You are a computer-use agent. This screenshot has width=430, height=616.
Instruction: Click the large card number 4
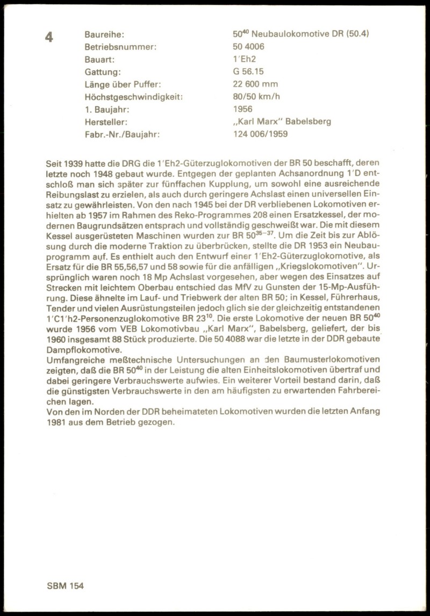49,37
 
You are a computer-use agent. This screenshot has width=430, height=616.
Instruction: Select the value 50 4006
248,47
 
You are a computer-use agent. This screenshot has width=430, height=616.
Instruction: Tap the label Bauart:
100,59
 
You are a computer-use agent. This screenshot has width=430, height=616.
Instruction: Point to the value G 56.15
248,71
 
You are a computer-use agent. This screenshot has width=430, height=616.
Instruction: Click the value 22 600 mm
255,84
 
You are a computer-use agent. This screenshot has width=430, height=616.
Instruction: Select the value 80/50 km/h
256,97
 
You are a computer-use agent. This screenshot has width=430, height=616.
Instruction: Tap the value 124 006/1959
260,134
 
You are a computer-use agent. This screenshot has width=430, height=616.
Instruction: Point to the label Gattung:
103,71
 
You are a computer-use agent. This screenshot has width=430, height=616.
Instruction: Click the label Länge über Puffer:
122,84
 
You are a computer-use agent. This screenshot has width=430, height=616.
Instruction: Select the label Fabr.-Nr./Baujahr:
122,134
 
